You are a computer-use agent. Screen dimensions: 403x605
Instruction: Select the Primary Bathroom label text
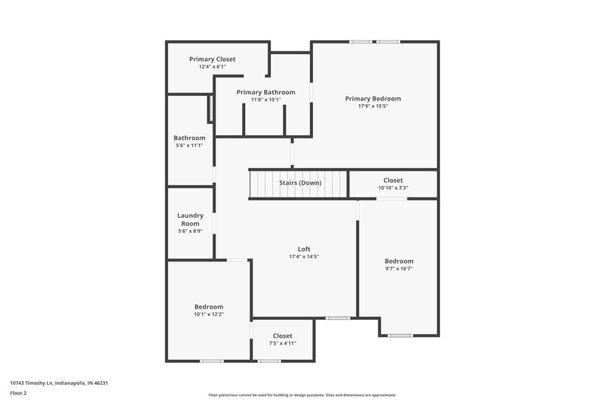265,92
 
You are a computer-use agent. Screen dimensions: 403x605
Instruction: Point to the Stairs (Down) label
300,183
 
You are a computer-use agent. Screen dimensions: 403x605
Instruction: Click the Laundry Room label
191,219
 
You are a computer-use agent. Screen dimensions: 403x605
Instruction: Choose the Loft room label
304,249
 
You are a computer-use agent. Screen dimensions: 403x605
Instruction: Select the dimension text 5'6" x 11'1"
190,146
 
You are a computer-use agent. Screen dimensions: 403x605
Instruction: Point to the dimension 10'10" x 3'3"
393,188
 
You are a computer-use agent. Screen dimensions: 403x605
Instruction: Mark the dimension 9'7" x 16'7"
399,268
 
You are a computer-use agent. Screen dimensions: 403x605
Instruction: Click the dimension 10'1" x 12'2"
209,314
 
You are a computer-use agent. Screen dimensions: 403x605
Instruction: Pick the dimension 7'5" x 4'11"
282,343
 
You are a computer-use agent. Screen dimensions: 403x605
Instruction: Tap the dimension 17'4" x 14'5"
304,256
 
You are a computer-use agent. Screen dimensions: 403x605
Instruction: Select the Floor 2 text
18,393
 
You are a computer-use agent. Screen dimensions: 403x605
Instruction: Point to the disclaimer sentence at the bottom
302,395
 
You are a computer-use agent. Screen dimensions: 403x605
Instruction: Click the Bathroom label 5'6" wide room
190,138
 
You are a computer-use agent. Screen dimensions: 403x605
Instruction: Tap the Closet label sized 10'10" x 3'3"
393,181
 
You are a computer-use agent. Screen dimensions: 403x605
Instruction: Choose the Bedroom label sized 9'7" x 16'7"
399,261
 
